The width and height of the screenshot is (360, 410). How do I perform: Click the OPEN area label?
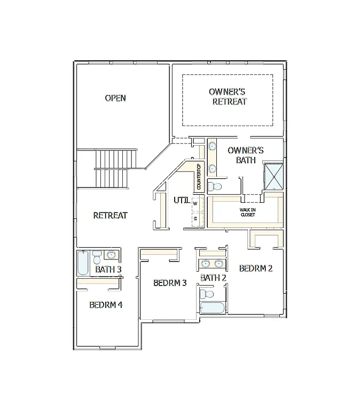[x=115, y=98]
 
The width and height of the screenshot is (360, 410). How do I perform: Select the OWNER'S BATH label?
[x=245, y=155]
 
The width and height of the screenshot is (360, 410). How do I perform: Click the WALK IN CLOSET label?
[x=247, y=212]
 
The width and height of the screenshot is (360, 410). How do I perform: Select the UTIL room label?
[x=181, y=201]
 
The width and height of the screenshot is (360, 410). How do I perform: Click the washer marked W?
[x=195, y=203]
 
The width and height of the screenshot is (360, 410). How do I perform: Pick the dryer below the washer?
[x=195, y=218]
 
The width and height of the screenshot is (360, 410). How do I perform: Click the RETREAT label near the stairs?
[x=110, y=215]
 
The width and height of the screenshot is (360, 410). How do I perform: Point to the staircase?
[x=113, y=168]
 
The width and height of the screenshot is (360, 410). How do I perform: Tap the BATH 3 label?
[x=108, y=269]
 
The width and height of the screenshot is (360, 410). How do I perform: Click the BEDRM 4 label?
[x=106, y=305]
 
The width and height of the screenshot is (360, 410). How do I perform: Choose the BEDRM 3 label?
[x=170, y=282]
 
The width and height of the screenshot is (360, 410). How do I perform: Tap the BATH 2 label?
[x=213, y=278]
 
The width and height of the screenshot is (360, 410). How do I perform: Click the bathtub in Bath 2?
[x=213, y=308]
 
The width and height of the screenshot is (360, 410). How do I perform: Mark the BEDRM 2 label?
[x=256, y=268]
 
